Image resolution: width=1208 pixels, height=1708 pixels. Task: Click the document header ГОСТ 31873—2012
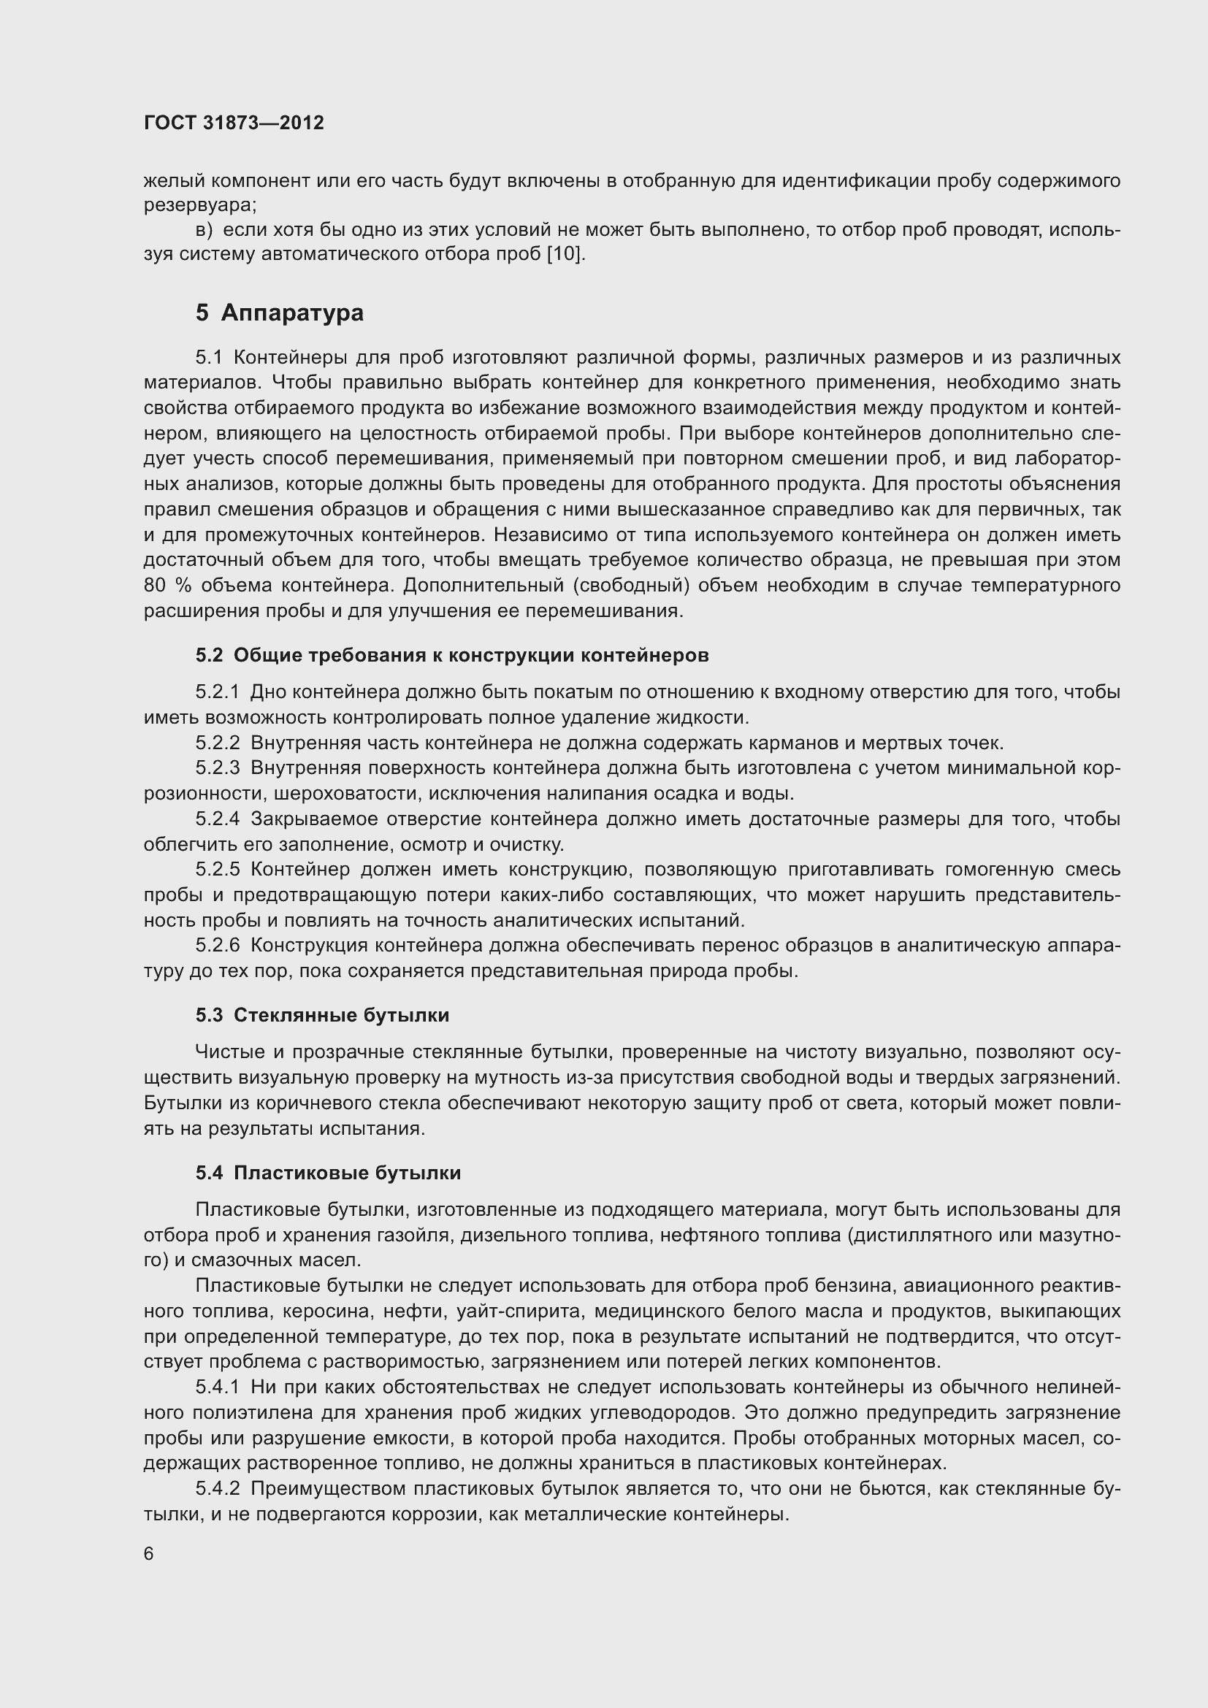tap(234, 123)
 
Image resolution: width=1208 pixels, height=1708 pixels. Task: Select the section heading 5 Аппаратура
tap(280, 313)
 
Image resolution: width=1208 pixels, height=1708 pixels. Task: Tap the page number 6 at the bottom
tap(149, 1554)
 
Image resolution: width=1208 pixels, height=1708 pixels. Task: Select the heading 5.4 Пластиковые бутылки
tap(328, 1173)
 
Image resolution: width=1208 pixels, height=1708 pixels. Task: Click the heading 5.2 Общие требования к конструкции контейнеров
tap(451, 654)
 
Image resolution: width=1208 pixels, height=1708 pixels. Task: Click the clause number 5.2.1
tap(217, 692)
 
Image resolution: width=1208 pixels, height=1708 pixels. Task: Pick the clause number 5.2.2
tap(217, 743)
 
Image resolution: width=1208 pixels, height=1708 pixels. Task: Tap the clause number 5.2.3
tap(217, 767)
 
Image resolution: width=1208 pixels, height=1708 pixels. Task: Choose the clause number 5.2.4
tap(217, 819)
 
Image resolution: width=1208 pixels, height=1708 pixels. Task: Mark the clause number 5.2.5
tap(217, 869)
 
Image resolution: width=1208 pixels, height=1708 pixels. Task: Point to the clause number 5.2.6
tap(217, 945)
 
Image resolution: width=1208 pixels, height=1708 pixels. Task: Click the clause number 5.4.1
tap(217, 1387)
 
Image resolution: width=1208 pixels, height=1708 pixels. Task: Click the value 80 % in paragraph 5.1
tap(168, 586)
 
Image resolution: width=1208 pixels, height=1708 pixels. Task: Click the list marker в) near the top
tap(204, 230)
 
